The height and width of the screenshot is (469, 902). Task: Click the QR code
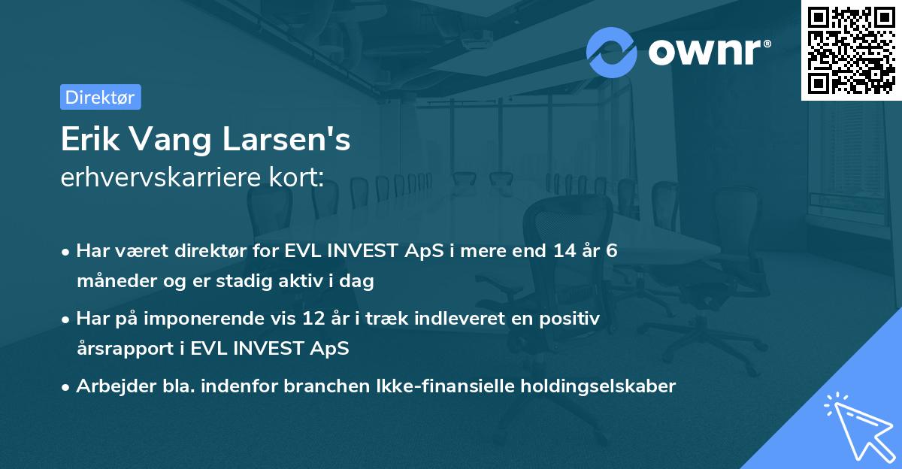[x=850, y=49]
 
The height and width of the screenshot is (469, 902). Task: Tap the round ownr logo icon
[x=612, y=53]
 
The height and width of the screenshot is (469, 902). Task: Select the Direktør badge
[x=100, y=97]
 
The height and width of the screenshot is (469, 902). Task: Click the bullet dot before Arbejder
[x=67, y=386]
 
